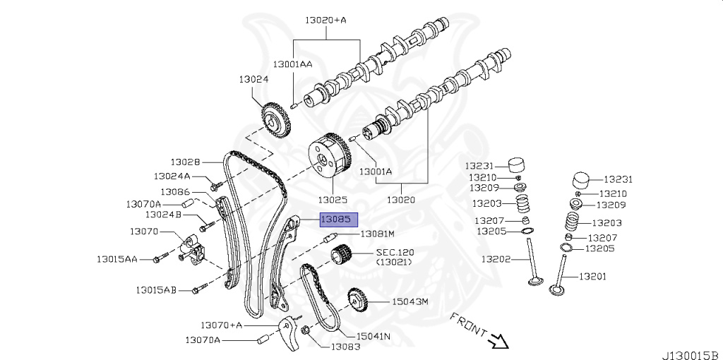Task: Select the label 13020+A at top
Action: [x=325, y=20]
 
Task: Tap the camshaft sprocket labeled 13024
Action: [x=275, y=122]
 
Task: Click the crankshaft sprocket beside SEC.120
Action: [x=342, y=255]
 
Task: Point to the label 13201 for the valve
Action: [x=593, y=276]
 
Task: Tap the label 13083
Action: [x=346, y=346]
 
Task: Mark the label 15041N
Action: [x=374, y=336]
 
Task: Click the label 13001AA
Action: [x=294, y=64]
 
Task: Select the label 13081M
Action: [x=377, y=234]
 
